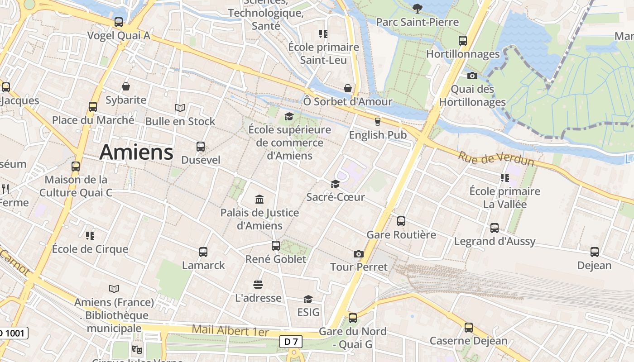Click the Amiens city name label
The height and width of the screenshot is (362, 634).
136,152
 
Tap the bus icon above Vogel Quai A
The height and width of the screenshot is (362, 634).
119,22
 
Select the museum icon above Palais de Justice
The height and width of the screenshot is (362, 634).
259,199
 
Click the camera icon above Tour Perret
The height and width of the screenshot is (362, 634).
359,254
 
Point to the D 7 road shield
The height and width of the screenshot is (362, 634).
291,342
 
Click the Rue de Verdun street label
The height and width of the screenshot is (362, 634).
496,159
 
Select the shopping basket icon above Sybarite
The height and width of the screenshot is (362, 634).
126,86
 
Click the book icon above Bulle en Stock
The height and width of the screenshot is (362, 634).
180,108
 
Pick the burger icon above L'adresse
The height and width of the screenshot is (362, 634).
258,285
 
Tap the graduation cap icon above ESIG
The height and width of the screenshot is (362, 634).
308,299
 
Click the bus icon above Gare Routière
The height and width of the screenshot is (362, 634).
401,221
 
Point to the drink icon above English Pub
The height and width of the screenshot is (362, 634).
377,121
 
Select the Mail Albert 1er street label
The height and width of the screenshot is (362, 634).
230,330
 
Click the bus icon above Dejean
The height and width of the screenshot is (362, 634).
595,252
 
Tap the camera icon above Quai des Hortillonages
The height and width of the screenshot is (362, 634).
472,76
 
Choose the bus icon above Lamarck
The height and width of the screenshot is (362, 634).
203,252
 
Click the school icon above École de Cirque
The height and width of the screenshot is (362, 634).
90,235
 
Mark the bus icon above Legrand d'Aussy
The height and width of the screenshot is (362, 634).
495,228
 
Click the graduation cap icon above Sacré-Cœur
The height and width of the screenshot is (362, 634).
335,184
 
